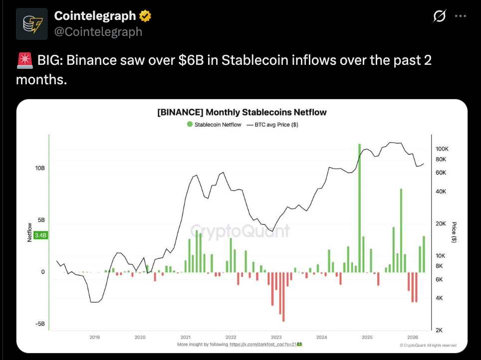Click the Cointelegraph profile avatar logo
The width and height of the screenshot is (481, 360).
coord(32,24)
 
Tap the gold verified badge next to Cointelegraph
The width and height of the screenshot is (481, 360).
coord(145,16)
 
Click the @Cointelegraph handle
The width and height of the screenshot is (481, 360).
coord(98,31)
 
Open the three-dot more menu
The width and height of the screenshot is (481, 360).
coord(460,16)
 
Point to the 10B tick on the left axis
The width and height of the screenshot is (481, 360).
coord(40,169)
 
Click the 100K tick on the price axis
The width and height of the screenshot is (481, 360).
coord(443,149)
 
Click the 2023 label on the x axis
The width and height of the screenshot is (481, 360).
coord(276,338)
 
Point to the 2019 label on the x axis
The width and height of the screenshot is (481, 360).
coord(94,338)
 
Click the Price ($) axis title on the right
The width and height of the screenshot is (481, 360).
coord(454,232)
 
